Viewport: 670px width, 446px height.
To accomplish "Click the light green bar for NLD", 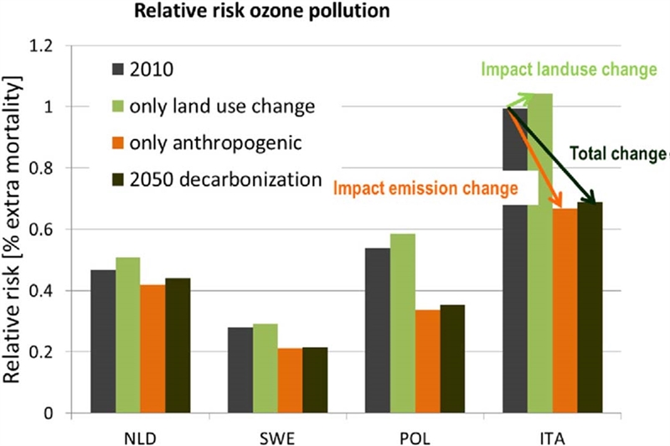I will [x=128, y=335].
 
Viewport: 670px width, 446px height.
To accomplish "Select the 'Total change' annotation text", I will [x=616, y=153].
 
